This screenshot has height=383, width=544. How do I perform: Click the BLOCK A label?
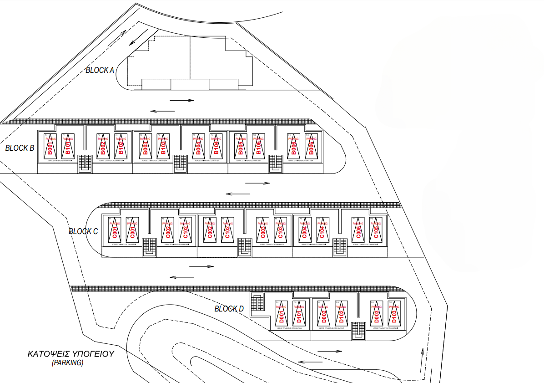point(100,70)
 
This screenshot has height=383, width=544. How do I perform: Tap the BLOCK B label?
point(20,148)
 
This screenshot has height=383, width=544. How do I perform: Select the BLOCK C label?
point(83,231)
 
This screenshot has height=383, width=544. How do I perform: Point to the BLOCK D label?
point(229,309)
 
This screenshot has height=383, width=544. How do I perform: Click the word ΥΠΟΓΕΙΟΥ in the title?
point(89,354)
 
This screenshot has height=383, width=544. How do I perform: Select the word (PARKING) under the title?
point(67,363)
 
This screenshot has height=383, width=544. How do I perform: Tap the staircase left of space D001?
point(258,303)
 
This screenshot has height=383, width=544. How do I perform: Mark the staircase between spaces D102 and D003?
point(359,330)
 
